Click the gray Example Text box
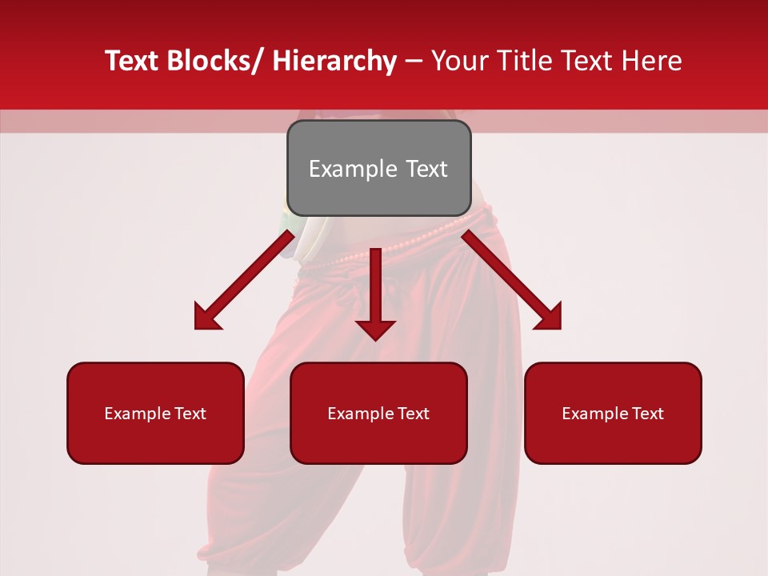coord(378,168)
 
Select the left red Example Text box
coord(155,413)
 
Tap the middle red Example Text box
coord(378,413)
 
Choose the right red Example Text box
coord(613,413)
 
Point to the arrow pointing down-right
coord(512,280)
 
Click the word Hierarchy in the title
coord(334,61)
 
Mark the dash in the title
coord(414,61)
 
